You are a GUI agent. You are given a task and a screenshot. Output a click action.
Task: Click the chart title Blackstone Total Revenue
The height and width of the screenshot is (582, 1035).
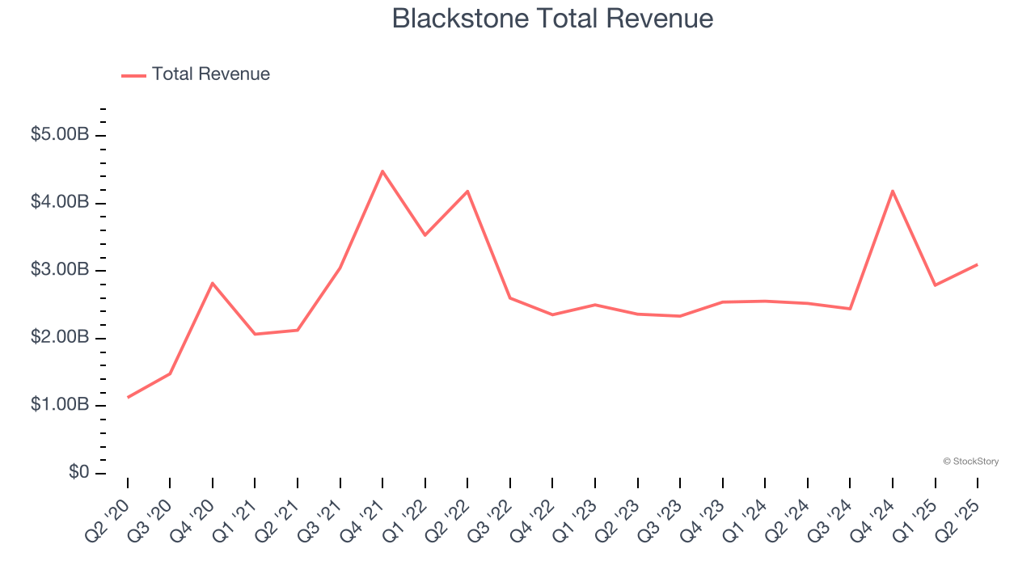[x=552, y=19]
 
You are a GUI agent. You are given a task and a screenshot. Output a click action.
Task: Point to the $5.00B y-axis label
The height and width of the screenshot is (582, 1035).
[x=60, y=135]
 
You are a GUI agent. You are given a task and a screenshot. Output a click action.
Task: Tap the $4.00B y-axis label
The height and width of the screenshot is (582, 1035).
[x=60, y=202]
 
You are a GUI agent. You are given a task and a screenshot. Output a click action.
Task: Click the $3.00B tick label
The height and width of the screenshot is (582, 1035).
[x=60, y=270]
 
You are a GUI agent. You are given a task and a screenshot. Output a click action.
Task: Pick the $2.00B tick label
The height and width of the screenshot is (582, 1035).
[x=60, y=337]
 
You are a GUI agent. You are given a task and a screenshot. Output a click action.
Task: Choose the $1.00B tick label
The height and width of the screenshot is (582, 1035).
[x=60, y=405]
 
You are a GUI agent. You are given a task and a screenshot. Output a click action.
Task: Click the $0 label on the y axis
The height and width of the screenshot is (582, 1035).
[x=78, y=472]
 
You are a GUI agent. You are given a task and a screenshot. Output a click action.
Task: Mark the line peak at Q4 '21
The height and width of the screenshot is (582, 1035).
[x=382, y=171]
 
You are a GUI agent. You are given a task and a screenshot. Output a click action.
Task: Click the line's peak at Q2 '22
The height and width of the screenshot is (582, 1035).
[x=467, y=192]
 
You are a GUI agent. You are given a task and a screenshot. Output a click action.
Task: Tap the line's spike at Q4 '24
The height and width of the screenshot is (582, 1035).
[x=893, y=191]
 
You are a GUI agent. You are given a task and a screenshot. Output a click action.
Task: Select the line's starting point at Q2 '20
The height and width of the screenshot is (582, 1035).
[x=128, y=398]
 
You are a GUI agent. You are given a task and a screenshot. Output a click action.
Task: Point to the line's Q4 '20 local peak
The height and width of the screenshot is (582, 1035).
[x=213, y=283]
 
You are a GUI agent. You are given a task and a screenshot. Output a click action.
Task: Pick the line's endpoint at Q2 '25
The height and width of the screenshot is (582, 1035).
[x=978, y=264]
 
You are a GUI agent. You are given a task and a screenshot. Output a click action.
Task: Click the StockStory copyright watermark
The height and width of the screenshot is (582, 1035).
[x=970, y=462]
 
